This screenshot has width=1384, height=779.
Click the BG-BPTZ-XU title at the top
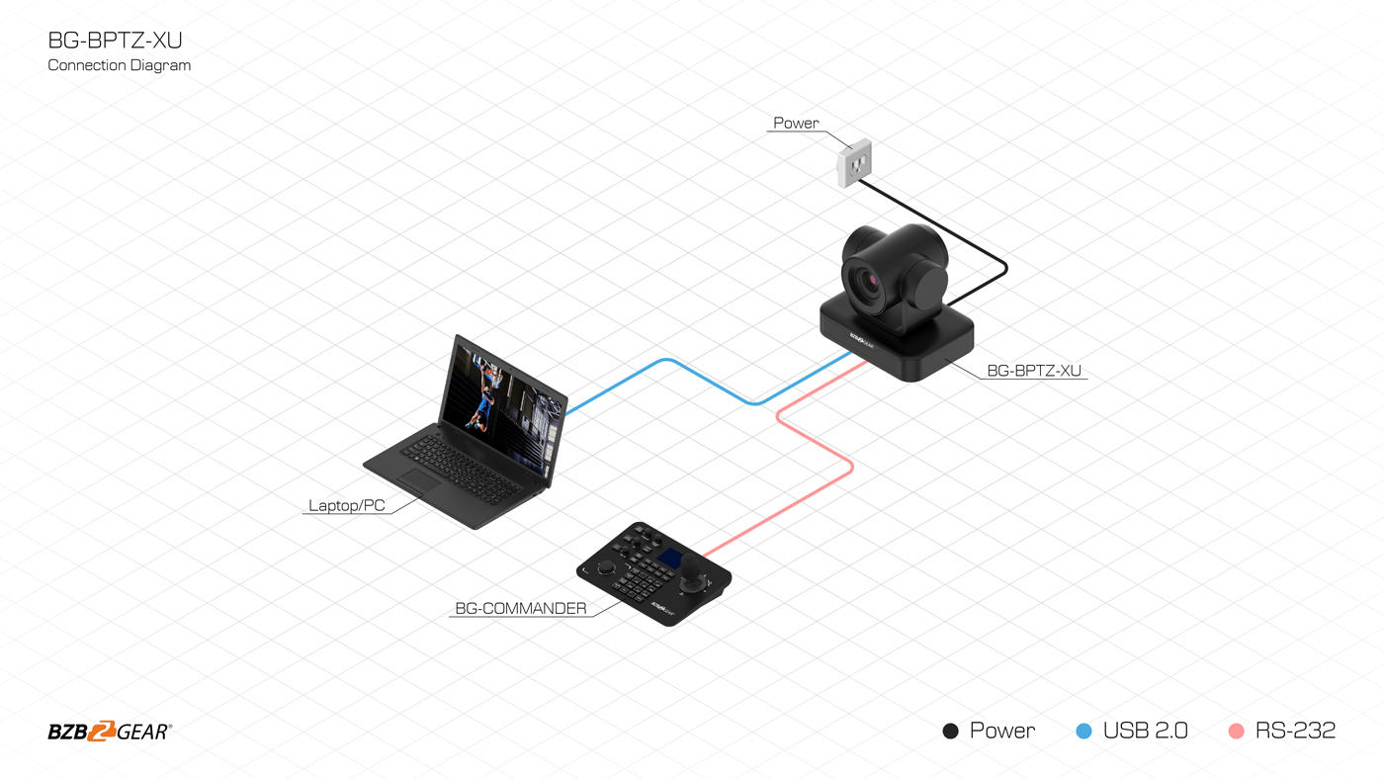pyautogui.click(x=115, y=41)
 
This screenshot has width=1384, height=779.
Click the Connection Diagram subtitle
pyautogui.click(x=120, y=65)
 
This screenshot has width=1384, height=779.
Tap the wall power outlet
pyautogui.click(x=854, y=163)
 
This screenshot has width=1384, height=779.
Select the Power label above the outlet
pyautogui.click(x=796, y=123)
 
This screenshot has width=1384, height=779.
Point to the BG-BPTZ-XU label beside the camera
pyautogui.click(x=1034, y=371)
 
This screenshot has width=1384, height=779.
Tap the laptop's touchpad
pyautogui.click(x=418, y=480)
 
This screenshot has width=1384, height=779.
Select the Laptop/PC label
pyautogui.click(x=347, y=505)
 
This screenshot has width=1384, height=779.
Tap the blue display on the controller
pyautogui.click(x=670, y=558)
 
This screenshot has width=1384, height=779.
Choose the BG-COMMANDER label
pyautogui.click(x=521, y=609)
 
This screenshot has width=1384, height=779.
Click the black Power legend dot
pyautogui.click(x=950, y=732)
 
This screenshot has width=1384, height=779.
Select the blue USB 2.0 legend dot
pyautogui.click(x=1083, y=732)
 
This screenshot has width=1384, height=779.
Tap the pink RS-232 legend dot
pyautogui.click(x=1237, y=732)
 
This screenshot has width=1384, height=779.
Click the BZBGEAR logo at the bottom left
pyautogui.click(x=110, y=732)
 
